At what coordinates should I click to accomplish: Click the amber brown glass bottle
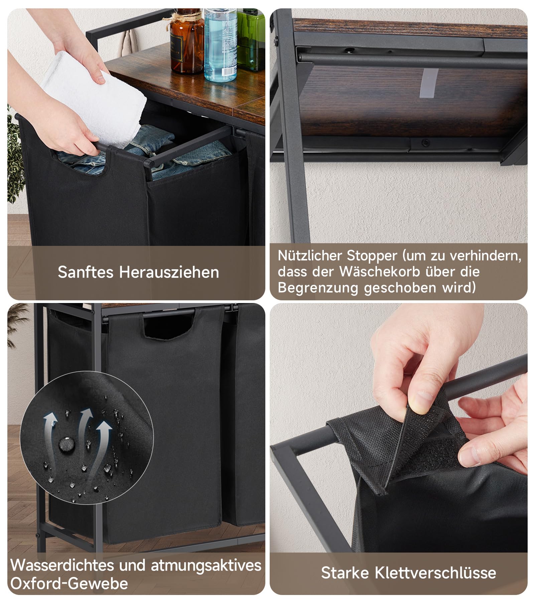tap(186, 43)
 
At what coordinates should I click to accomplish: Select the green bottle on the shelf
tap(251, 40)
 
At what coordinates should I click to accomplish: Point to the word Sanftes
tap(86, 272)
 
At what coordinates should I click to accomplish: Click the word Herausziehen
tap(169, 272)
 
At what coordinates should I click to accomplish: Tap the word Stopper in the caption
tap(372, 256)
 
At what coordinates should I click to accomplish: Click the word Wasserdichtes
tap(62, 566)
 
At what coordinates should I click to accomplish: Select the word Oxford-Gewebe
tap(69, 584)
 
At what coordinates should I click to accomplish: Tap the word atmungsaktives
tap(206, 566)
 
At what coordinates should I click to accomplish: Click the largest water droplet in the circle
tap(66, 444)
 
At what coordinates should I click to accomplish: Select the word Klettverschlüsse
tap(435, 573)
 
